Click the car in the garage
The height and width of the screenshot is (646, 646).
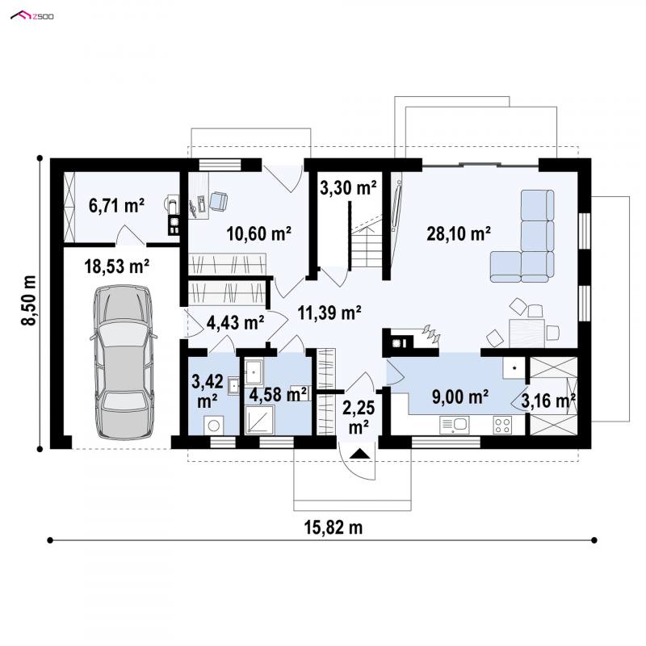click(124, 362)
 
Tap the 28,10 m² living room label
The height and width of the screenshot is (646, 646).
click(459, 233)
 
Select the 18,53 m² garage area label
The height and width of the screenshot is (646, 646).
click(116, 266)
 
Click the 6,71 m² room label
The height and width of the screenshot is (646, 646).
click(116, 205)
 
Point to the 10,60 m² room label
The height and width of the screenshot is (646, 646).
click(259, 233)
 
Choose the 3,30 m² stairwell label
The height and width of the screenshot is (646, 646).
click(348, 187)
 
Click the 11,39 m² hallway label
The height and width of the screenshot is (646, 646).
click(329, 313)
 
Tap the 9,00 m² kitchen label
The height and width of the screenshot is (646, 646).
click(460, 396)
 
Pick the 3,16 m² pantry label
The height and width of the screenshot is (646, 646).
click(548, 401)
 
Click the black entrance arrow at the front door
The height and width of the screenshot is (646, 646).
click(360, 454)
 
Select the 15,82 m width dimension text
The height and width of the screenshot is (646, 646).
click(333, 527)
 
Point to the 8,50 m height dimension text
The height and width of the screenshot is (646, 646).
click(29, 300)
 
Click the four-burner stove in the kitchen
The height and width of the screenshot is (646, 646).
click(502, 426)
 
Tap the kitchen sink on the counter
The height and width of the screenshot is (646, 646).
click(455, 425)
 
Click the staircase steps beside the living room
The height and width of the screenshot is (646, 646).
click(367, 248)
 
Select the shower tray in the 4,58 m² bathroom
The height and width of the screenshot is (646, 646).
click(259, 420)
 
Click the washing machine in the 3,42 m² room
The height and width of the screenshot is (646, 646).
click(214, 425)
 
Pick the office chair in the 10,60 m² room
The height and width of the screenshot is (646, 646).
click(218, 201)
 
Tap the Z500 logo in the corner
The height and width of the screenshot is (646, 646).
click(32, 16)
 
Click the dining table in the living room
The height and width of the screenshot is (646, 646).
click(527, 333)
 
